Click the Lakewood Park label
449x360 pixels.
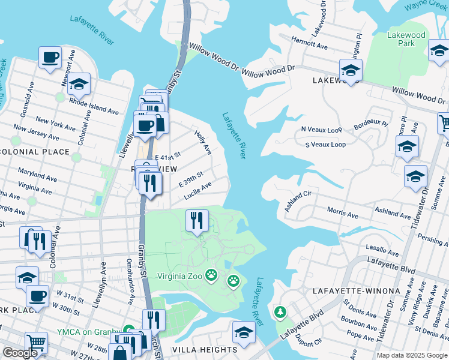point(406,39)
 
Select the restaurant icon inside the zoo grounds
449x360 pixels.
point(196,221)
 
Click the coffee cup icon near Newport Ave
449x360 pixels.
point(50,58)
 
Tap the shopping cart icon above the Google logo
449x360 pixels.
point(37,342)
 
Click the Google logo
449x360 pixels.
point(20,353)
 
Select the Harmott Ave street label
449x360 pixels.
point(309,46)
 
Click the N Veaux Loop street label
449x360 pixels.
point(321,129)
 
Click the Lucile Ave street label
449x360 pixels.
point(197,191)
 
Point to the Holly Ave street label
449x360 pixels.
point(203,142)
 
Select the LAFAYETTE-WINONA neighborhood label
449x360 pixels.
point(356,291)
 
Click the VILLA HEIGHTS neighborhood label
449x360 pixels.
point(205,350)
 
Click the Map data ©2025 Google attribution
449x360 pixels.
point(411,355)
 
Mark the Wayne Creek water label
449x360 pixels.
point(425,5)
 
